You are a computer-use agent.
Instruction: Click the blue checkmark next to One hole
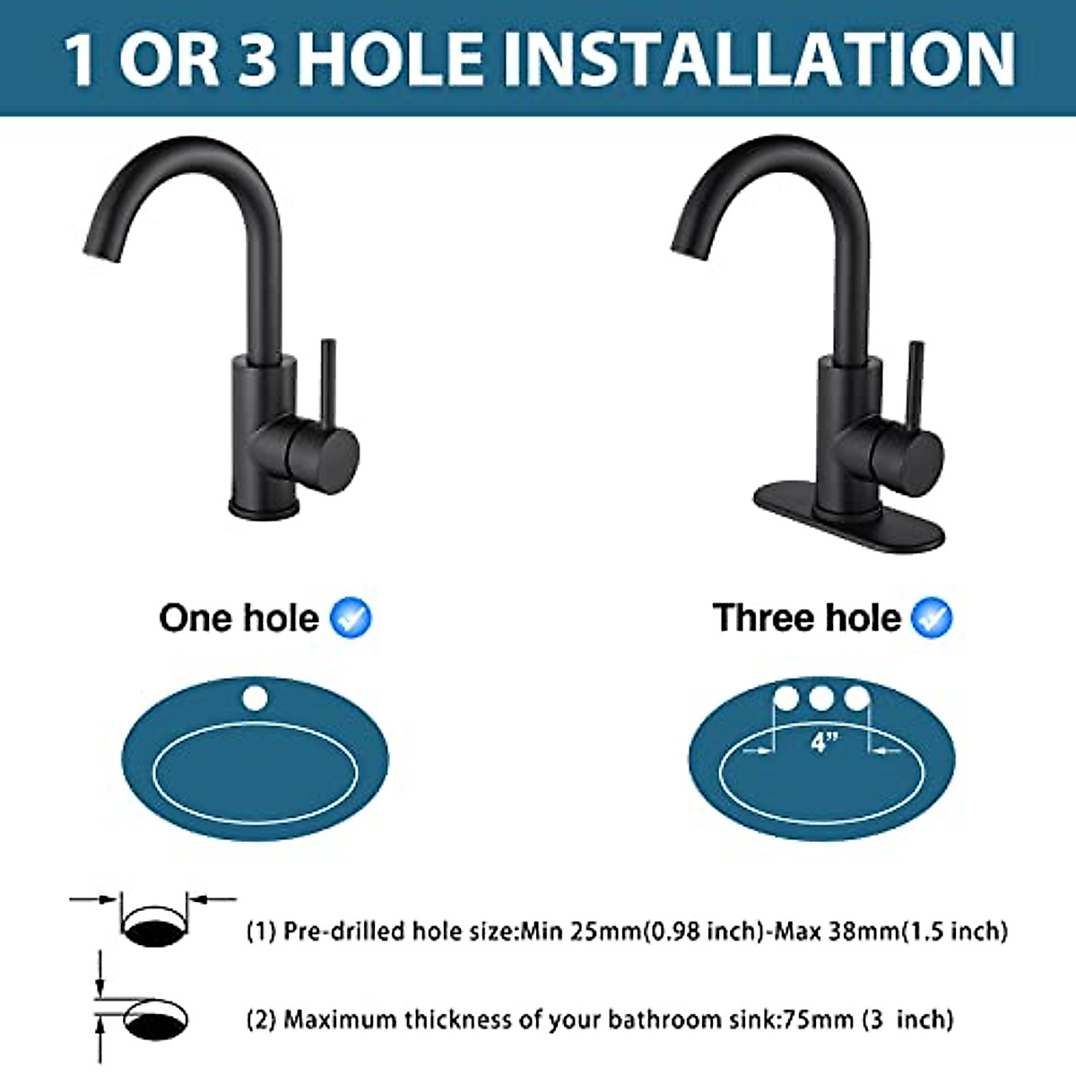click(351, 618)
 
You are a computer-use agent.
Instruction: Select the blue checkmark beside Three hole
click(932, 618)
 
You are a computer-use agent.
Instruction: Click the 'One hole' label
click(239, 618)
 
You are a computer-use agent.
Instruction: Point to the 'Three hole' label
click(806, 618)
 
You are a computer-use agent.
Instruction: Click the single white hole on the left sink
click(255, 698)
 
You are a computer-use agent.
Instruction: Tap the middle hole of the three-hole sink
click(821, 698)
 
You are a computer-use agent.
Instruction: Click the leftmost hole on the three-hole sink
click(786, 698)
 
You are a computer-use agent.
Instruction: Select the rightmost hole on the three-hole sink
click(857, 698)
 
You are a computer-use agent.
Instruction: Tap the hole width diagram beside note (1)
click(153, 919)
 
